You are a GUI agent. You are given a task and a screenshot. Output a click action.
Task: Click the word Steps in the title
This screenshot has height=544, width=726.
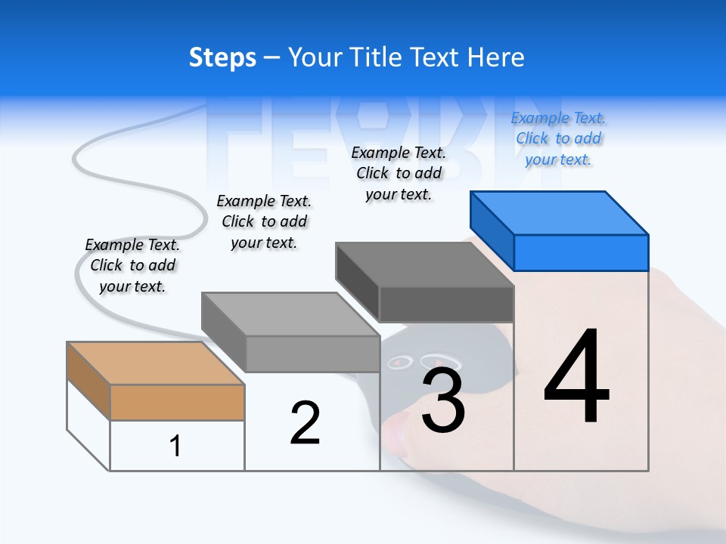(x=222, y=57)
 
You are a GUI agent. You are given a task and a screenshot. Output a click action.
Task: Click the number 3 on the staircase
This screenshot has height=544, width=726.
(x=442, y=400)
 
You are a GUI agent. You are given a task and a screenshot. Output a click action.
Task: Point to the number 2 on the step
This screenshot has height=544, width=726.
(x=305, y=423)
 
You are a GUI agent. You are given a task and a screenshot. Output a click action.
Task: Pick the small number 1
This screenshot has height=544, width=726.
(x=175, y=446)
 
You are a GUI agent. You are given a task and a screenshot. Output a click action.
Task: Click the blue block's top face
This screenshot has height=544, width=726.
(x=560, y=213)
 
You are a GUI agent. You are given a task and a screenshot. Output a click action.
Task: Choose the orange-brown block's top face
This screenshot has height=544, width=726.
(x=156, y=363)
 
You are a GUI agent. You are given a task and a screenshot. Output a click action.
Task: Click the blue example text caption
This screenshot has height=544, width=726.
(x=558, y=138)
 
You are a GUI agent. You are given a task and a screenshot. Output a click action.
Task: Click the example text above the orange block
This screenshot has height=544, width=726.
(x=132, y=265)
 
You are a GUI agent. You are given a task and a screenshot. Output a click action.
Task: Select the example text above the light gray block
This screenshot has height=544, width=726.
(x=264, y=221)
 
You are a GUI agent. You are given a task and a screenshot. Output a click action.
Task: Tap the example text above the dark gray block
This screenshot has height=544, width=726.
(x=399, y=173)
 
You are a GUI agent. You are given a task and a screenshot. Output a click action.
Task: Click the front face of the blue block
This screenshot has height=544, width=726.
(x=581, y=252)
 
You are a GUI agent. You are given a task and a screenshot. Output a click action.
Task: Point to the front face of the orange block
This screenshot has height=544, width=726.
(x=177, y=402)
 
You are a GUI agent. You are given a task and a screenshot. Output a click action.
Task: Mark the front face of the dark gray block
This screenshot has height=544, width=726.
(x=446, y=304)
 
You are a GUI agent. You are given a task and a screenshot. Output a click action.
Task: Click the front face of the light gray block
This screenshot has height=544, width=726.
(x=312, y=354)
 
